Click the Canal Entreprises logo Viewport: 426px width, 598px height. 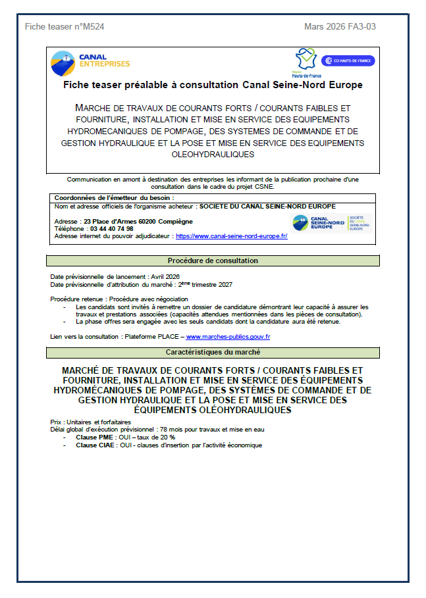pos(90,63)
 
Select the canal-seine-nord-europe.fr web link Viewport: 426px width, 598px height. pos(231,236)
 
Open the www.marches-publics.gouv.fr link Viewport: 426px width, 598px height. pos(228,336)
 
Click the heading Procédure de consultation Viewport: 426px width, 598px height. pos(213,261)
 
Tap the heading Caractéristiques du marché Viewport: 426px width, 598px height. pos(213,353)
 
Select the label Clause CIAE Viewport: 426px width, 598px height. pos(93,445)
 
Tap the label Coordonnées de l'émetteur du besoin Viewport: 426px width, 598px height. pos(114,197)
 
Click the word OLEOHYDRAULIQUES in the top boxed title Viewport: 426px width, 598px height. pos(213,155)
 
